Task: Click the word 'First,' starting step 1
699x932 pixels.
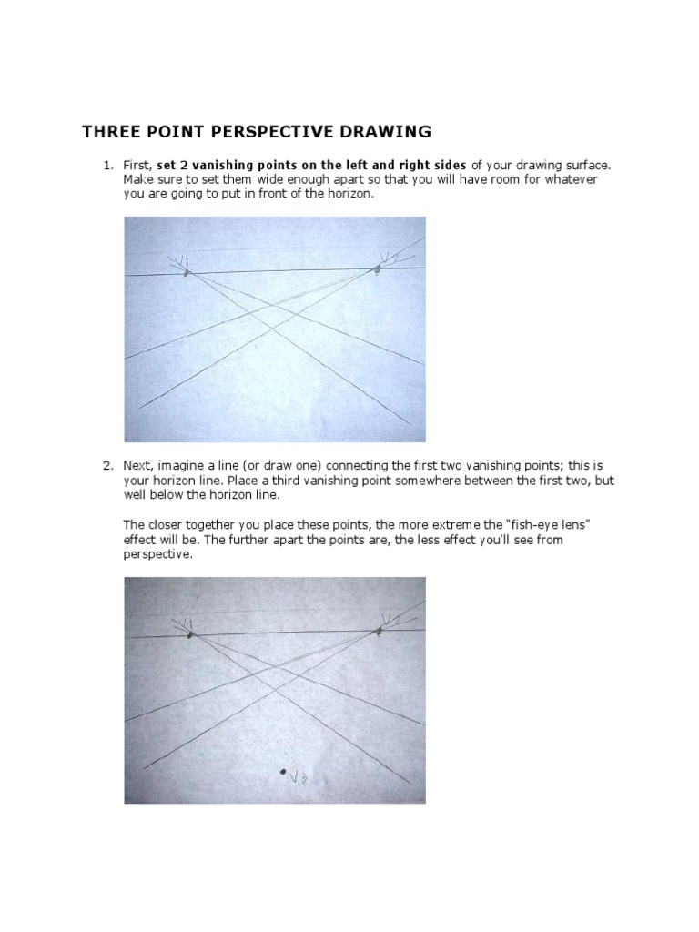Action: click(138, 165)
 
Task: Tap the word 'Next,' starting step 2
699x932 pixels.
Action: click(139, 465)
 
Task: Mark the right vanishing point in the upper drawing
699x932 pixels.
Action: click(377, 268)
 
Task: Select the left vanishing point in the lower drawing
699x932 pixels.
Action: click(188, 634)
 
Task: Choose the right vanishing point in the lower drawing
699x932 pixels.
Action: click(380, 630)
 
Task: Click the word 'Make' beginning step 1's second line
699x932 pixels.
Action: click(137, 179)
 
